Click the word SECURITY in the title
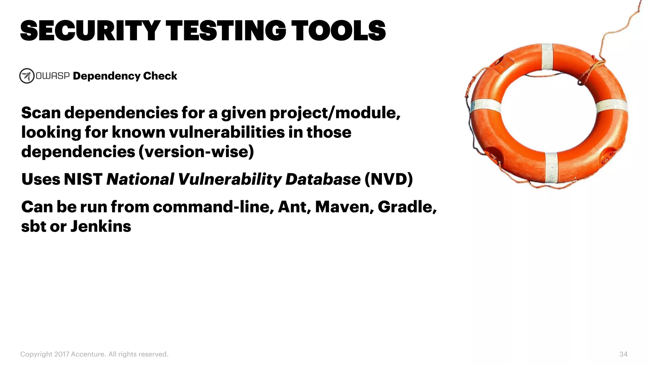pos(90,31)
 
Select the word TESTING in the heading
pos(226,31)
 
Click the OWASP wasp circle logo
pos(27,76)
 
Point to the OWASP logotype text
pos(53,76)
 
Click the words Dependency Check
pos(125,76)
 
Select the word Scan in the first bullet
pos(41,113)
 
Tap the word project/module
pos(334,113)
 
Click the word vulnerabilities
pos(227,132)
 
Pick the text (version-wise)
pos(196,152)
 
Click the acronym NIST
pos(83,179)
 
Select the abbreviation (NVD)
pos(389,179)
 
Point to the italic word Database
pos(323,179)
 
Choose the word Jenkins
pos(101,227)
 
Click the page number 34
pos(623,354)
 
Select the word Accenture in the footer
pos(88,354)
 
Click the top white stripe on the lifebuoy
pos(547,56)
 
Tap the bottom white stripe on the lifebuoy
pos(551,168)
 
